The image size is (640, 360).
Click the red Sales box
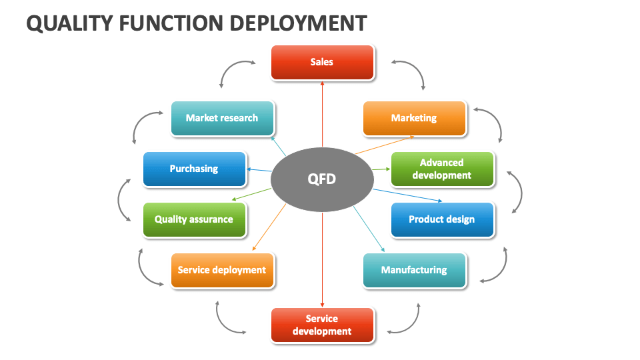322,62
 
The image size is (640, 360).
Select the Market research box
222,118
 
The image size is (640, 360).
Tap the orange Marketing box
414,118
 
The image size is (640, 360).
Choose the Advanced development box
441,169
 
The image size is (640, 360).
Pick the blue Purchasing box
194,169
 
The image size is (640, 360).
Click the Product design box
441,219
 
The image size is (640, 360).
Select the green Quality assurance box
194,219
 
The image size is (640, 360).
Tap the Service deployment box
222,270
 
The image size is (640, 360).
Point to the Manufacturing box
414,270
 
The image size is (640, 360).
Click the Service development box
322,325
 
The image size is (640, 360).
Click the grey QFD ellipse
322,179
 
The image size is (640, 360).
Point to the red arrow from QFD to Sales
322,113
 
